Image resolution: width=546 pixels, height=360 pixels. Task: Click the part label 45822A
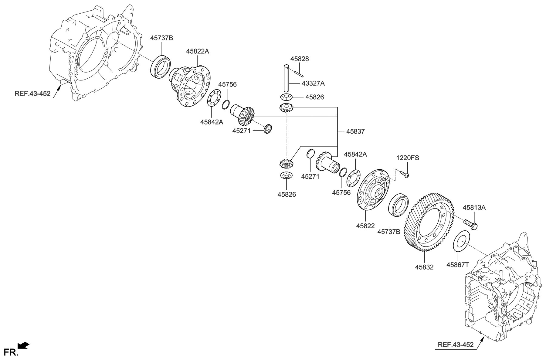pyautogui.click(x=198, y=51)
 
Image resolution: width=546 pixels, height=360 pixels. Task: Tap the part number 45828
pyautogui.click(x=300, y=59)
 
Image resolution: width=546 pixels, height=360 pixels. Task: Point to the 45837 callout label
pyautogui.click(x=355, y=131)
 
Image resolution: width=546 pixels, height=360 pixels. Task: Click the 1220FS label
pyautogui.click(x=407, y=158)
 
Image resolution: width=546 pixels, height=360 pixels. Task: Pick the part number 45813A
pyautogui.click(x=474, y=208)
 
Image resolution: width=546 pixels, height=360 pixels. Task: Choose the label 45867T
pyautogui.click(x=457, y=265)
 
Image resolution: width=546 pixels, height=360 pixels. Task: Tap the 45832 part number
pyautogui.click(x=424, y=267)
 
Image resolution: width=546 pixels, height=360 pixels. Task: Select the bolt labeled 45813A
pyautogui.click(x=470, y=225)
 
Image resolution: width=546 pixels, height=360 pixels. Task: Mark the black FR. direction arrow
pyautogui.click(x=23, y=345)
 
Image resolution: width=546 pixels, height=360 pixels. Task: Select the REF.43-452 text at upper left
pyautogui.click(x=32, y=93)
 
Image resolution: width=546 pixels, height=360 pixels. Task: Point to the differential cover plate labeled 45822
pyautogui.click(x=373, y=190)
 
